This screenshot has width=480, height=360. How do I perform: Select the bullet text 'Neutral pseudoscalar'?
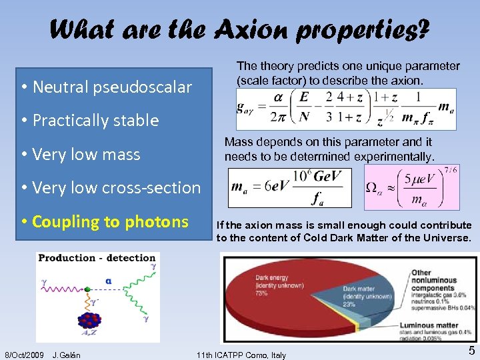112,87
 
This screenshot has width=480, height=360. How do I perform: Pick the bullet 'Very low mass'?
86,155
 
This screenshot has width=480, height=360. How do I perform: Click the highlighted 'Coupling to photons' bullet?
110,222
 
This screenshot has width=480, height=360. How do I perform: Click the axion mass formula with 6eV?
289,187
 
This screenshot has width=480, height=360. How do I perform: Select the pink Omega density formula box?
411,187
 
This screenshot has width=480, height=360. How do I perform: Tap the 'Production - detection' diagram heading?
97,258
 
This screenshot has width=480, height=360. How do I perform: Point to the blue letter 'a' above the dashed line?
108,281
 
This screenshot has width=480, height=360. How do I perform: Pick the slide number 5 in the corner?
471,351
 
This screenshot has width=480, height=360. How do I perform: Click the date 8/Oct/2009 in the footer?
24,355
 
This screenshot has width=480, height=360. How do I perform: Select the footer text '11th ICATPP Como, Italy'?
241,355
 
